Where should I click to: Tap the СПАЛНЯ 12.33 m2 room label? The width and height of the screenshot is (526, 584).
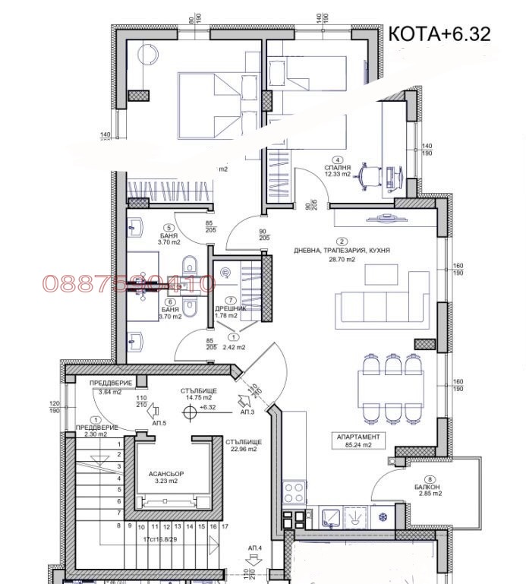337,171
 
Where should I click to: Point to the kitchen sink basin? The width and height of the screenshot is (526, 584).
332,516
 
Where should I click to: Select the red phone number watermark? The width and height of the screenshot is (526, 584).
129,284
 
